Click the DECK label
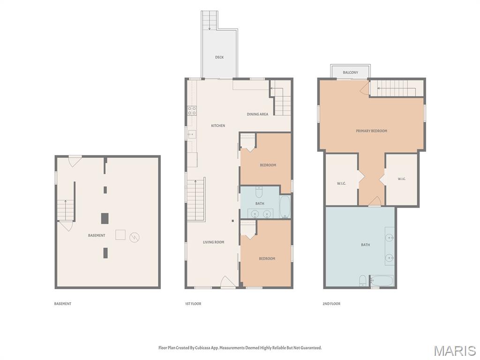click(219, 57)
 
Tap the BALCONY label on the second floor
click(350, 73)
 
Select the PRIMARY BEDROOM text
click(371, 131)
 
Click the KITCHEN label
click(218, 126)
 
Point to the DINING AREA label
click(257, 114)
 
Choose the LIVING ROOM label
click(213, 242)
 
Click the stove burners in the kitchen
click(192, 111)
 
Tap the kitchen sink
click(192, 134)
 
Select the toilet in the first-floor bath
click(259, 192)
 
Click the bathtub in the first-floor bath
click(285, 207)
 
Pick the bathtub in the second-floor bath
click(382, 281)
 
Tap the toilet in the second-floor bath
click(362, 281)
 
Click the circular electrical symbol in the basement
click(135, 237)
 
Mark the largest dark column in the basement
click(105, 218)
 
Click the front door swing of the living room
click(227, 282)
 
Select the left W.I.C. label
click(341, 183)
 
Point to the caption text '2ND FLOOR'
click(331, 304)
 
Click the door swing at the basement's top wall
click(75, 162)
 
